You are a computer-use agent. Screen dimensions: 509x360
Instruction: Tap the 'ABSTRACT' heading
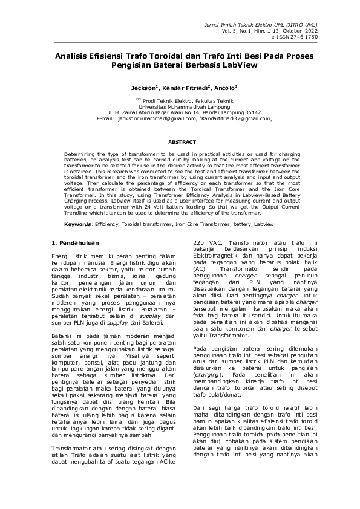[x=180, y=141]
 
